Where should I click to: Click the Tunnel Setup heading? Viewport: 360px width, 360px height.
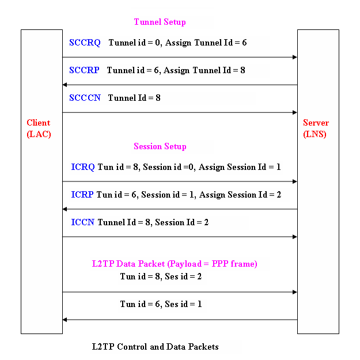pyautogui.click(x=160, y=22)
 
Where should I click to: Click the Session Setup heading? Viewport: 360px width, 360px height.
pyautogui.click(x=160, y=146)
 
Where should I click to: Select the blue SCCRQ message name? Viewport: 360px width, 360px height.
pyautogui.click(x=85, y=43)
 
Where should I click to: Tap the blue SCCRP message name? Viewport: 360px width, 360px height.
pyautogui.click(x=84, y=70)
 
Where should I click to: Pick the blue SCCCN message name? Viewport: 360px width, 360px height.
pyautogui.click(x=85, y=98)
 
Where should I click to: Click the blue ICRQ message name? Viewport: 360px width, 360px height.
pyautogui.click(x=83, y=167)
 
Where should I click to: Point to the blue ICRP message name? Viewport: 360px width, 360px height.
pyautogui.click(x=82, y=195)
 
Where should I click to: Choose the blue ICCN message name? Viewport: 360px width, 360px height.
pyautogui.click(x=82, y=222)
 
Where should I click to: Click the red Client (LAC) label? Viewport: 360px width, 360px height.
pyautogui.click(x=39, y=128)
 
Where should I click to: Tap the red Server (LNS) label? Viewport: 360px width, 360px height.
pyautogui.click(x=316, y=128)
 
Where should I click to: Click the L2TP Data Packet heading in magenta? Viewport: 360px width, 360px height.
pyautogui.click(x=175, y=264)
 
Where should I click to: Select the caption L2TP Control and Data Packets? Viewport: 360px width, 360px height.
pyautogui.click(x=156, y=347)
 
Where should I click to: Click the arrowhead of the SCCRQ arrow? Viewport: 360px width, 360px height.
pyautogui.click(x=294, y=57)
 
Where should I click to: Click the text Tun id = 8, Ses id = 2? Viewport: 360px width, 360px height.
pyautogui.click(x=161, y=276)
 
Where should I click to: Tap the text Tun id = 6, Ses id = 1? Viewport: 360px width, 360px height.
pyautogui.click(x=161, y=304)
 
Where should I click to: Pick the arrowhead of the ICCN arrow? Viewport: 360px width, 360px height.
pyautogui.click(x=294, y=237)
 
